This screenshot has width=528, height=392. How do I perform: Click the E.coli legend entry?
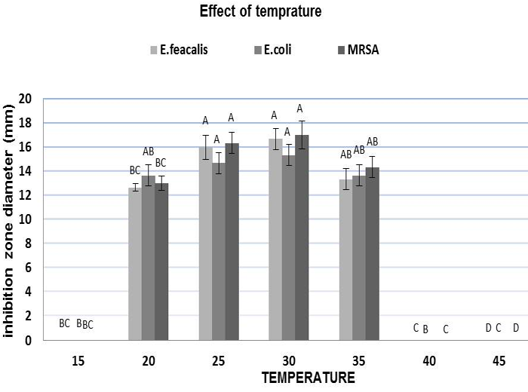click(x=272, y=51)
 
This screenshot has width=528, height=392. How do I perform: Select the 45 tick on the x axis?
click(x=499, y=362)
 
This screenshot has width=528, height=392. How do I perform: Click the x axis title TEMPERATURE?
click(x=303, y=377)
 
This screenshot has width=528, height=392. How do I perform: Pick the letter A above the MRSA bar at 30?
click(x=299, y=109)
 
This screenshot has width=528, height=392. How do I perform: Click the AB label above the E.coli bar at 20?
click(x=149, y=152)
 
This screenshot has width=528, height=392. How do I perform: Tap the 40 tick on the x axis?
click(x=428, y=362)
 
